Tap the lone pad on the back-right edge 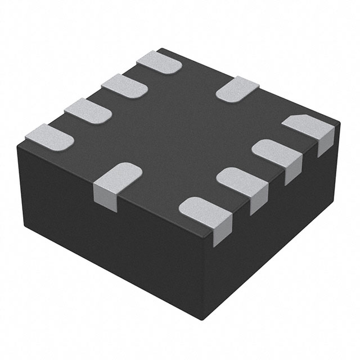[237, 88]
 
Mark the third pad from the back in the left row [87, 110]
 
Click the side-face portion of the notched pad [325, 141]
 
